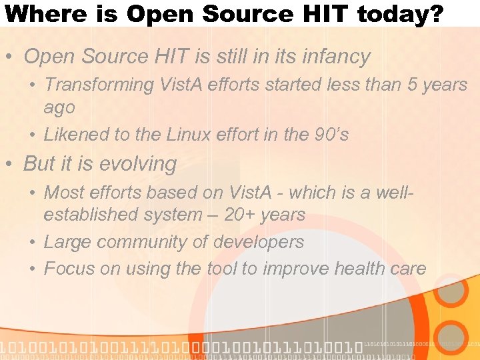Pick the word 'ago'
(59, 107)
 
